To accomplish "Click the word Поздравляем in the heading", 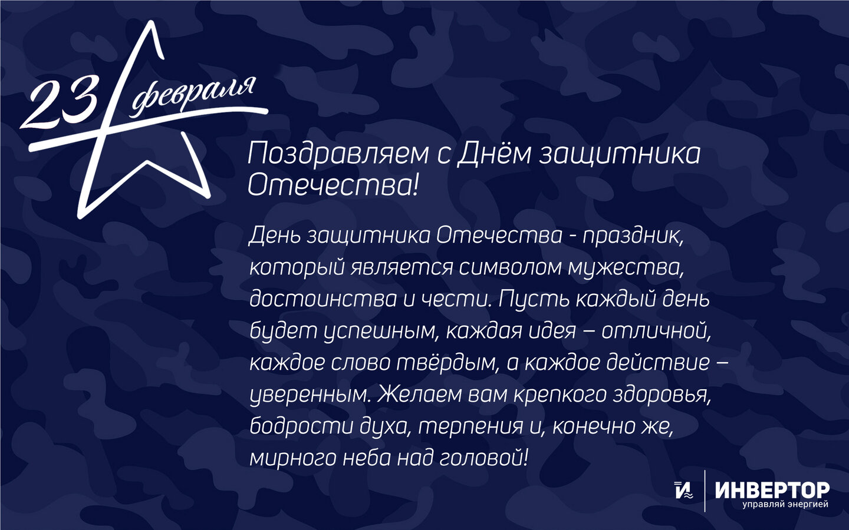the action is click(338, 155).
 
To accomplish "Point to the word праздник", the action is click(633, 236).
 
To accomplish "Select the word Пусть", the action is click(534, 299).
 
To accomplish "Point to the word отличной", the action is click(656, 331).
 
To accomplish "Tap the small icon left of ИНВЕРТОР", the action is click(683, 490).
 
